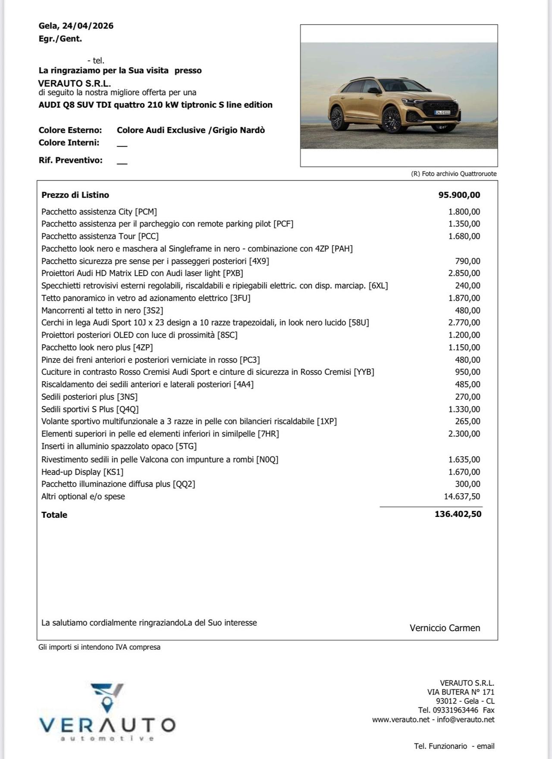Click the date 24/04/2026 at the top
pyautogui.click(x=88, y=26)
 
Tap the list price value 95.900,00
pyautogui.click(x=459, y=195)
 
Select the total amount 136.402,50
pyautogui.click(x=458, y=514)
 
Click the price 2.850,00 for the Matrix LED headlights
pyautogui.click(x=464, y=273)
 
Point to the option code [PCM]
pyautogui.click(x=146, y=212)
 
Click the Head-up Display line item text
pyautogui.click(x=82, y=472)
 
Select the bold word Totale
pyautogui.click(x=54, y=515)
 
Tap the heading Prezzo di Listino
pyautogui.click(x=75, y=195)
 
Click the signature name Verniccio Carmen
pyautogui.click(x=445, y=628)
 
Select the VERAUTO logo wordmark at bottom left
pyautogui.click(x=107, y=725)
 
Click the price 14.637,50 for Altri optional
pyautogui.click(x=461, y=497)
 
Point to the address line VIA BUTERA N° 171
pyautogui.click(x=461, y=692)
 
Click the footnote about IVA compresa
pyautogui.click(x=99, y=647)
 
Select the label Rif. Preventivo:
pyautogui.click(x=71, y=160)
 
